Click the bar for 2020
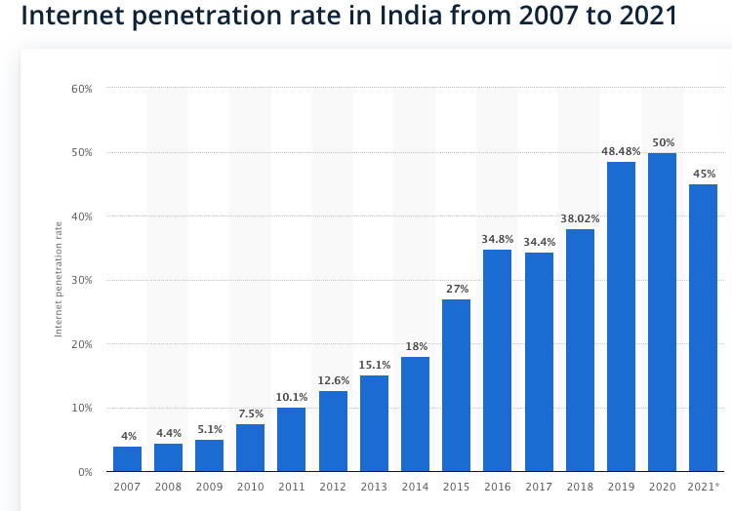point(662,312)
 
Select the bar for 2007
point(127,458)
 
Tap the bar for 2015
point(456,385)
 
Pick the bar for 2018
point(580,350)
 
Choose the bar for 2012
point(333,431)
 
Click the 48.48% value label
point(621,151)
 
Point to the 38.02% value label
point(580,218)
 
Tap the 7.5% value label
point(251,413)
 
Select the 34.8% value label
point(498,239)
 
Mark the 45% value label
point(703,174)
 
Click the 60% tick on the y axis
point(82,89)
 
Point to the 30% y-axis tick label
point(82,280)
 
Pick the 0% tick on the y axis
point(85,472)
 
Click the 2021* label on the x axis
point(704,486)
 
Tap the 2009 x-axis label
point(209,486)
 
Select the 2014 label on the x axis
point(415,486)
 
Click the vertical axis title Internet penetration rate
point(59,280)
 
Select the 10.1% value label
point(292,397)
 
